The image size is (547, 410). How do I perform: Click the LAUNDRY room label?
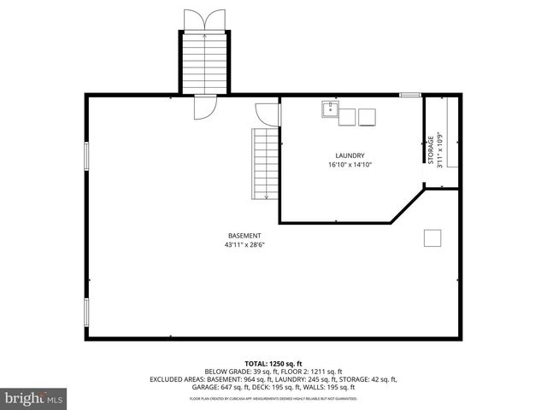tap(350, 155)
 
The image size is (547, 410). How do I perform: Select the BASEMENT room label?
tap(244, 236)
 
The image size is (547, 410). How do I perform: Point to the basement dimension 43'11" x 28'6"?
tap(244, 245)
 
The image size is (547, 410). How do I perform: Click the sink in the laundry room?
tap(329, 110)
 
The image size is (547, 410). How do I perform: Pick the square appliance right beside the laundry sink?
tap(347, 117)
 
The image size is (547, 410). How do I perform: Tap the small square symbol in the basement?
tap(432, 238)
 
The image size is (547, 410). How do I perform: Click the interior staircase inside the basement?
tap(265, 163)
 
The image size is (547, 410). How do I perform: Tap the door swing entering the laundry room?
tap(268, 113)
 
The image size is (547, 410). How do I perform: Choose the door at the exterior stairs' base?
tap(205, 106)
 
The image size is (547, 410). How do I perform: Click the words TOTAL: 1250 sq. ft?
tap(273, 364)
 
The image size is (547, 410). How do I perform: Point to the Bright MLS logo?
tap(34, 397)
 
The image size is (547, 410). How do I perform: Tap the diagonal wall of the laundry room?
tap(408, 207)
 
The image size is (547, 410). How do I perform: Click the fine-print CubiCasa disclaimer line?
tap(273, 398)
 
